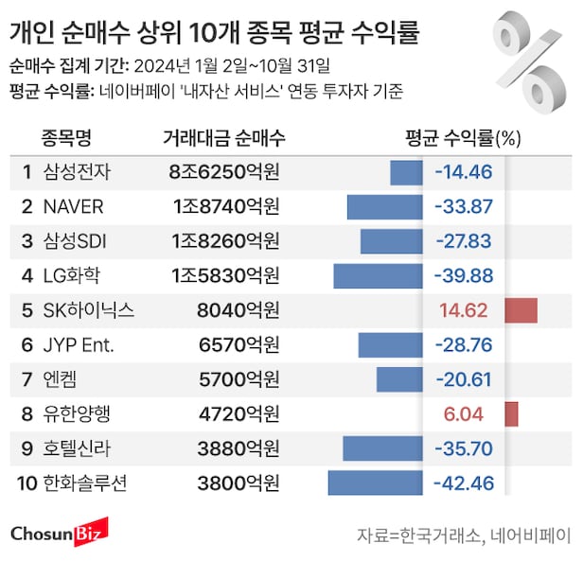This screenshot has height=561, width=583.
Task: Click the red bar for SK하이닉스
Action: [x=521, y=310]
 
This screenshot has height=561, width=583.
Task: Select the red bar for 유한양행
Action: [x=512, y=414]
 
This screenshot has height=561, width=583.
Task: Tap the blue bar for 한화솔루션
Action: [x=375, y=483]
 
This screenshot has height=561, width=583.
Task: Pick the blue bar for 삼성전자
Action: [x=406, y=172]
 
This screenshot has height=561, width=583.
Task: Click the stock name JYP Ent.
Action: [x=79, y=345]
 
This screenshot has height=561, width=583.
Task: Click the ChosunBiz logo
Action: [x=60, y=533]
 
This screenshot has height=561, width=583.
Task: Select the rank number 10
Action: [x=26, y=483]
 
